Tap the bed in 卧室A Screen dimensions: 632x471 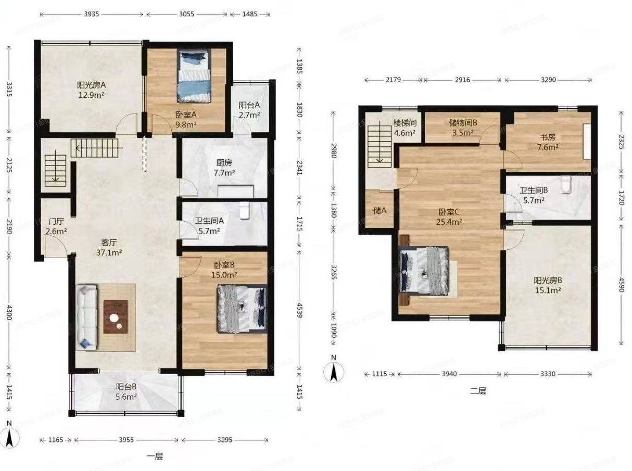[x=194, y=76]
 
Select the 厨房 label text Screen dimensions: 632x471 [x=224, y=163]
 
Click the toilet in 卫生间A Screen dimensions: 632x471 [x=245, y=210]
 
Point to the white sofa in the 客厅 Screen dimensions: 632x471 [x=86, y=317]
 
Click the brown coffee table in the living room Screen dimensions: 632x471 [x=116, y=317]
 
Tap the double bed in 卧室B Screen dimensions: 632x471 [x=243, y=309]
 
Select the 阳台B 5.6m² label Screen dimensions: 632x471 [x=126, y=391]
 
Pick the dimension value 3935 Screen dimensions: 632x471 [x=92, y=14]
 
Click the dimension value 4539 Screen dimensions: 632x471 [x=300, y=310]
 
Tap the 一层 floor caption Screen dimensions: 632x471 [x=155, y=456]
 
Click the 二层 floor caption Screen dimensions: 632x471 [x=478, y=391]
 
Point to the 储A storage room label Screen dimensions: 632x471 [x=380, y=211]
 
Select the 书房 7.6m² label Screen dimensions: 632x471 [x=548, y=142]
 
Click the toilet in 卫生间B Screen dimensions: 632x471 [x=566, y=184]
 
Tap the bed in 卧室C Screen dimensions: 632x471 [x=424, y=271]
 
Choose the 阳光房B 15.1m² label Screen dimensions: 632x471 [x=548, y=285]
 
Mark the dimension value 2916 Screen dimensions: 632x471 [x=462, y=80]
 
